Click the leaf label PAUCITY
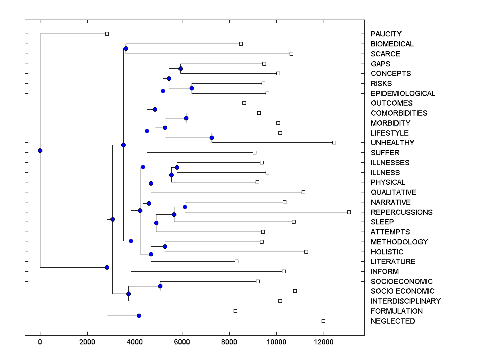pos(386,34)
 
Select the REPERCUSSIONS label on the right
pos(402,212)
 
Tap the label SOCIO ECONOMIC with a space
pos(402,291)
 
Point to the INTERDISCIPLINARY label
pos(406,301)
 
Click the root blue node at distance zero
pos(40,150)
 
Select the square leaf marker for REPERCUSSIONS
pos(349,212)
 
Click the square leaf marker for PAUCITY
pos(107,34)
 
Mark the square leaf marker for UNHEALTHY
pos(334,142)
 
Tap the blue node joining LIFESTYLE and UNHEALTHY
pos(212,138)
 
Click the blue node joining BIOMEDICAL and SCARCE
pos(126,49)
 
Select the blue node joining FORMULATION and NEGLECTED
pos(139,316)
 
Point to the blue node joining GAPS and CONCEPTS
pos(180,69)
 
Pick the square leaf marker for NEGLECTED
pos(323,321)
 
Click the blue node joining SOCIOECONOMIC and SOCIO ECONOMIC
pos(160,286)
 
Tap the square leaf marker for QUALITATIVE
pos(303,192)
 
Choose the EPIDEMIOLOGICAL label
pos(403,94)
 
